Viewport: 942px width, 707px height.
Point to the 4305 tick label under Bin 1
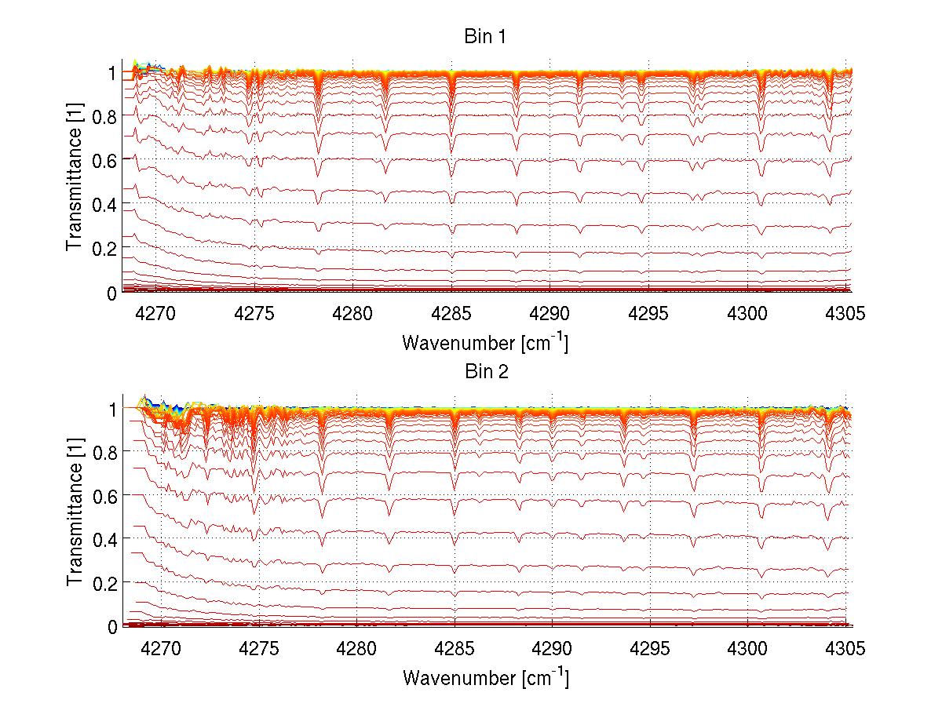click(x=846, y=313)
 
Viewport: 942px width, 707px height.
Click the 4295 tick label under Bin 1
click(x=648, y=313)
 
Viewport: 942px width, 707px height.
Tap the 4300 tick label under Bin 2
click(x=747, y=649)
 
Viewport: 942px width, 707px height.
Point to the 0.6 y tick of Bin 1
click(x=104, y=160)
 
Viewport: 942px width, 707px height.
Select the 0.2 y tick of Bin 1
click(x=104, y=248)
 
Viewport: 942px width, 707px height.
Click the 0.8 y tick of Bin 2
click(x=104, y=452)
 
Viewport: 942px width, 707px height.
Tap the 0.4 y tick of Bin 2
click(x=104, y=539)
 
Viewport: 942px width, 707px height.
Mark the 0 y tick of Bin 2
click(x=113, y=627)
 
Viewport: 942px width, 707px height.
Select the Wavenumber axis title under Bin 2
click(x=485, y=676)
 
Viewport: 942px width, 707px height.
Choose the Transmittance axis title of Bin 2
click(x=75, y=516)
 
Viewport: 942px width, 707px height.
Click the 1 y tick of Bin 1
click(x=113, y=73)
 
